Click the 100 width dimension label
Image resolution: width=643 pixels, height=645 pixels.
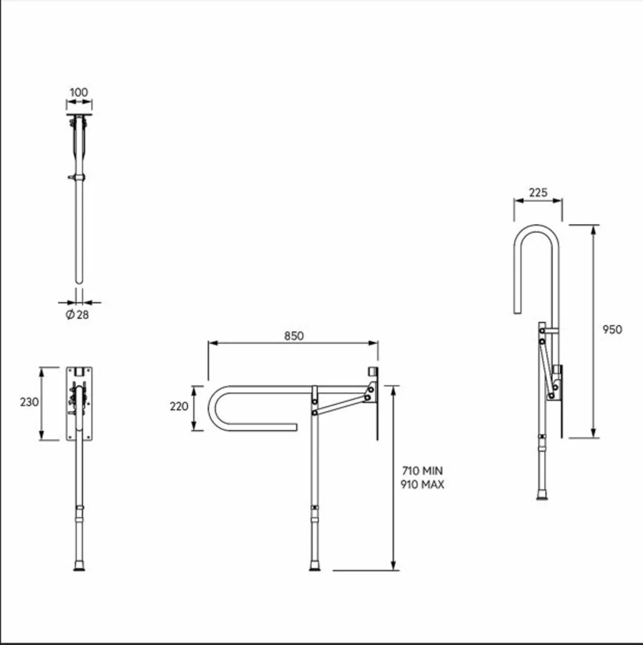78,92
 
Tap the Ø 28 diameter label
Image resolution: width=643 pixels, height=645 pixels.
77,315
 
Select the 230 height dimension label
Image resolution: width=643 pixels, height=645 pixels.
29,402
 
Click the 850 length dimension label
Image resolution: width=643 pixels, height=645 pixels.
294,336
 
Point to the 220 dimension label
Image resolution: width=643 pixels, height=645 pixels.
179,406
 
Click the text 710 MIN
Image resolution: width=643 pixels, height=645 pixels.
422,471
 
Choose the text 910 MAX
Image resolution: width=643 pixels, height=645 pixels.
422,484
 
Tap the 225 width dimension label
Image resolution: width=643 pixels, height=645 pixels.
538,192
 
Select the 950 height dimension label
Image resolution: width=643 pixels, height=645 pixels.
612,329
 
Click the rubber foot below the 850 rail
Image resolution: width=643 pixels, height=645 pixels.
314,566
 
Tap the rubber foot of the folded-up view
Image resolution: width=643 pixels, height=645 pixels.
542,494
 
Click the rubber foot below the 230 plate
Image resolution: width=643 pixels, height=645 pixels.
79,565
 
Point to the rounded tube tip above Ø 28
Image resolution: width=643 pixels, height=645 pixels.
79,279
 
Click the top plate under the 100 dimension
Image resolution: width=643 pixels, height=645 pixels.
79,115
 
